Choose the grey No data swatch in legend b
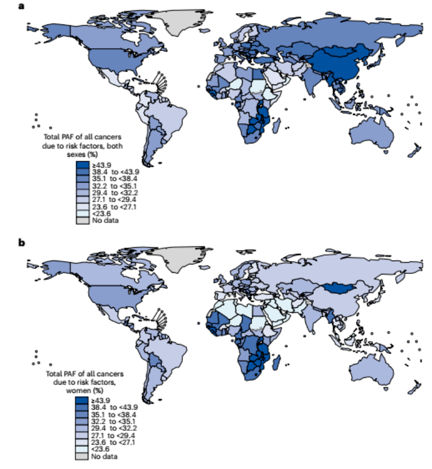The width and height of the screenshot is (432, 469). pos(82,456)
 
